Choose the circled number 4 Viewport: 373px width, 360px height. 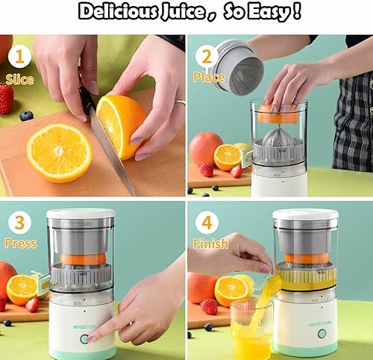click(x=207, y=222)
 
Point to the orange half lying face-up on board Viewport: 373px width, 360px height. click(x=59, y=152)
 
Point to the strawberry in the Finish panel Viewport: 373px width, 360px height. click(x=210, y=306)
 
